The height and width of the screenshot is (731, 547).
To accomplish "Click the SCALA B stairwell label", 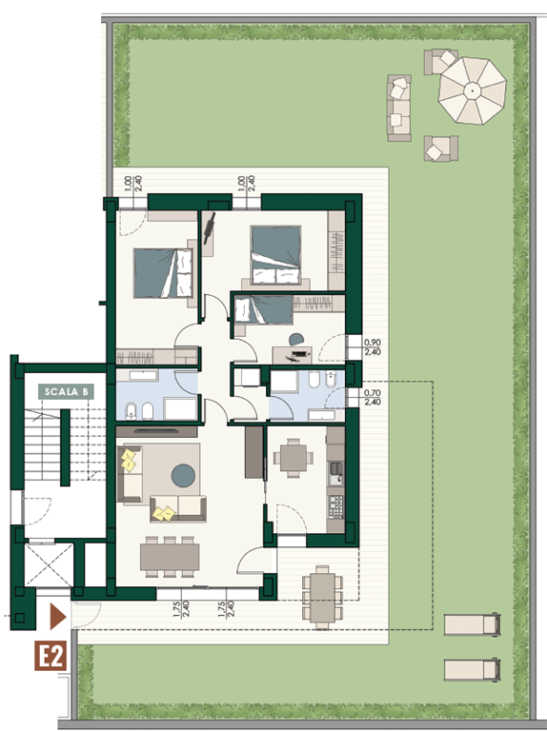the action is [67, 391].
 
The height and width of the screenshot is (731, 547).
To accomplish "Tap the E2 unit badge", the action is [51, 656].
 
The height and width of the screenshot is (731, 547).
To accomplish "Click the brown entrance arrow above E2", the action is [58, 617].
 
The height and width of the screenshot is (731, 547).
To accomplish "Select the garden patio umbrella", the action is [473, 90].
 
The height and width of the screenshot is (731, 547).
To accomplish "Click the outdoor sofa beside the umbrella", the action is [399, 109].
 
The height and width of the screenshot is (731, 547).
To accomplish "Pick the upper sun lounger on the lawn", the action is [473, 624].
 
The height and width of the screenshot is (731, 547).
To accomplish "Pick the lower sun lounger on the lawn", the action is [473, 669].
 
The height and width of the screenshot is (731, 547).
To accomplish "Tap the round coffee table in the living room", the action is [183, 475].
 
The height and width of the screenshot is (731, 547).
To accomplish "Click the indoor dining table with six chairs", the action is [170, 557].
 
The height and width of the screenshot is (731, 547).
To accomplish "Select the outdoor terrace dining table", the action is [322, 598].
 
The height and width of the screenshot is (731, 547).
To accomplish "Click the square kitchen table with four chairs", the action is [294, 458].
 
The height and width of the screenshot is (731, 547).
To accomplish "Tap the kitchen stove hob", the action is [336, 506].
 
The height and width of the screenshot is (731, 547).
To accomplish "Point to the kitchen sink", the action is [335, 473].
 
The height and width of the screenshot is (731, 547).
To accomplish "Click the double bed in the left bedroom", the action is [163, 273].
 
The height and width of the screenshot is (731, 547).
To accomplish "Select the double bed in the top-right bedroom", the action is [275, 255].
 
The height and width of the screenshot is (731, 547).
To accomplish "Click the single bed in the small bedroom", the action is [263, 310].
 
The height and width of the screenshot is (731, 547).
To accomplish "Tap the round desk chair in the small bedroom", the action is [296, 340].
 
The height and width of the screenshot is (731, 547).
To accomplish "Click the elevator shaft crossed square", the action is [49, 564].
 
